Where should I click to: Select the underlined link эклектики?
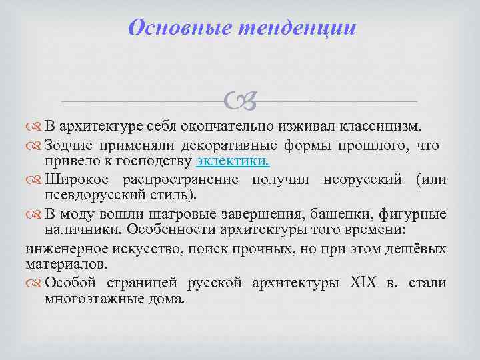[x=233, y=161]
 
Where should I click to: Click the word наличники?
[x=75, y=230]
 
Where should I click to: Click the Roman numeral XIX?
[x=363, y=283]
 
